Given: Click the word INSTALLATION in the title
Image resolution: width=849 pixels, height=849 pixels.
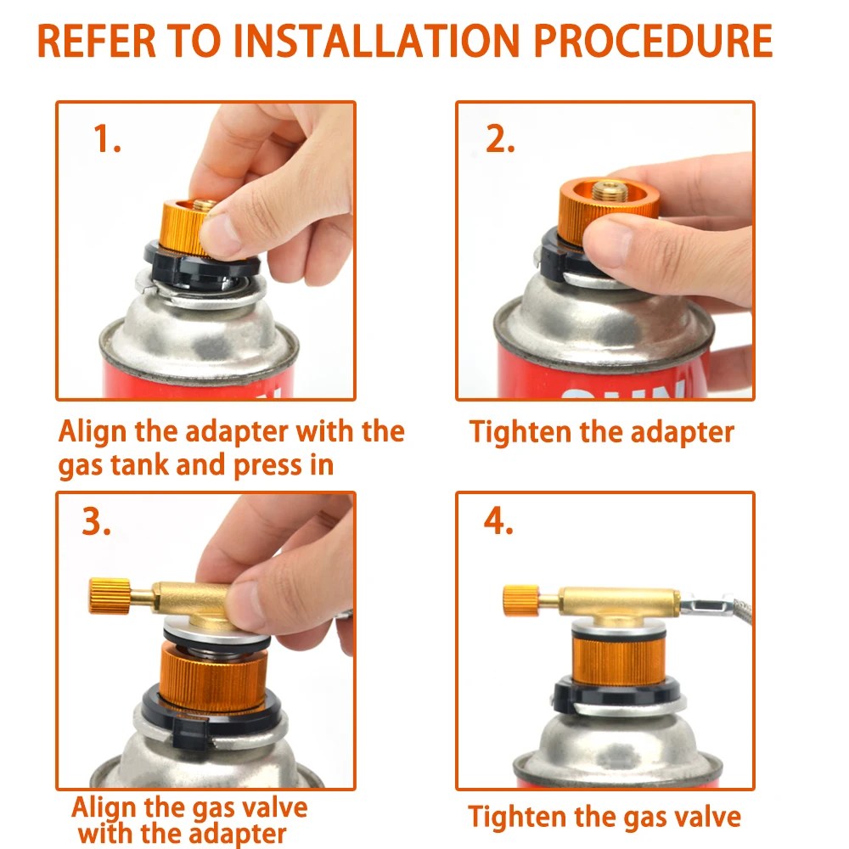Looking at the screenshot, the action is click(377, 41).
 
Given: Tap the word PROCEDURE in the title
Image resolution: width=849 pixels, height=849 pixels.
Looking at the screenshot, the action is click(654, 41).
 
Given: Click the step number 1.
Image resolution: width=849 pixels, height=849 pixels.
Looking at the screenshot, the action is click(107, 138).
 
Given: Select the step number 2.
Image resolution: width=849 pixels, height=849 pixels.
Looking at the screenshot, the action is click(500, 138).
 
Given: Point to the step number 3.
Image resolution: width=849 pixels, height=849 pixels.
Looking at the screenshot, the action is click(97, 522).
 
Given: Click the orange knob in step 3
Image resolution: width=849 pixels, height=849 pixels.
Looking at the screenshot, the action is click(110, 596).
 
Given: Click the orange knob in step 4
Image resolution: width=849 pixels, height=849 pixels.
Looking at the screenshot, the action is click(521, 600).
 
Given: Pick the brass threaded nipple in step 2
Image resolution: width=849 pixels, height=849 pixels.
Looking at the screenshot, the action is click(609, 190).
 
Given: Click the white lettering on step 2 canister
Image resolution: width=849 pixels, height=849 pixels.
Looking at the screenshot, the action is click(622, 390).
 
